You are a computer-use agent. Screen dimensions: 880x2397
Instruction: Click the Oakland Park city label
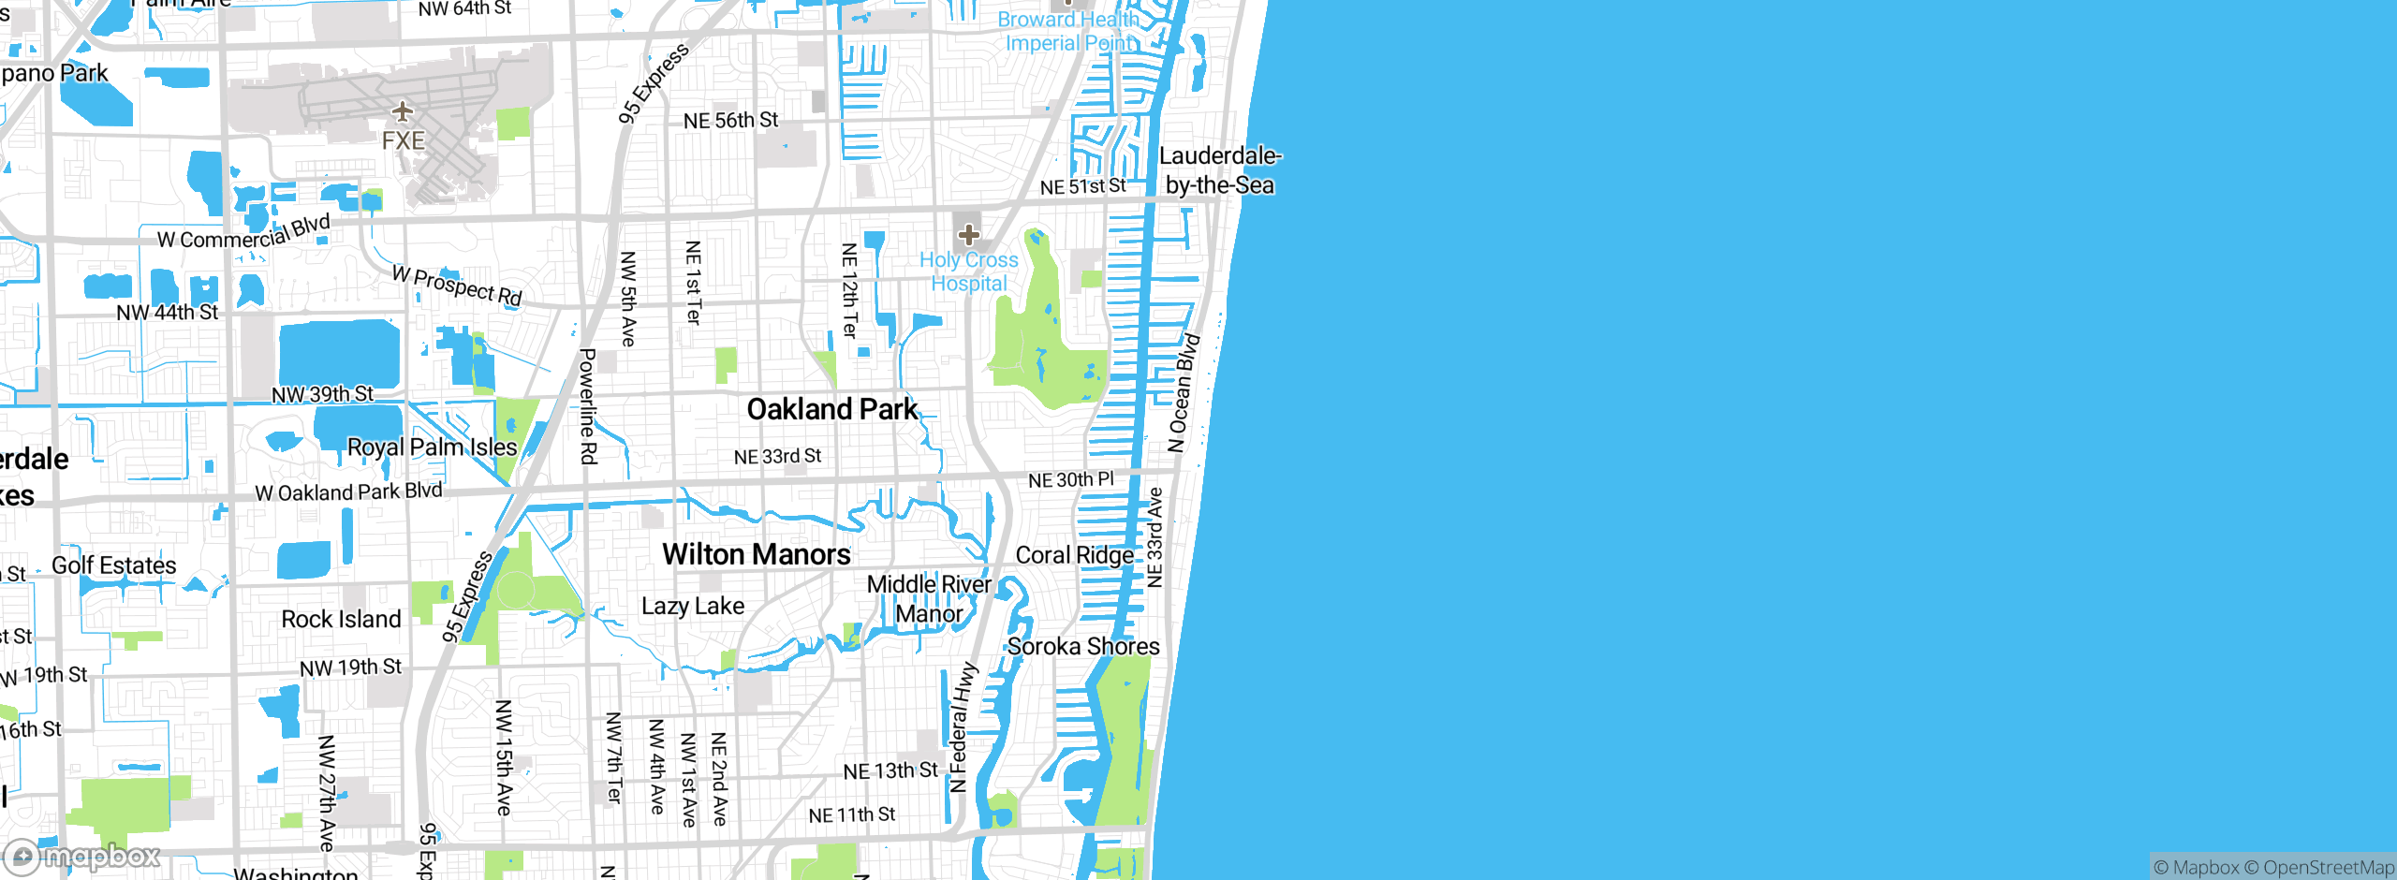pyautogui.click(x=831, y=409)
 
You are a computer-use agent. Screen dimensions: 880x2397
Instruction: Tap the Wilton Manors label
pyautogui.click(x=756, y=554)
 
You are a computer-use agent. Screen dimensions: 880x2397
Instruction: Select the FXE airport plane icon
pyautogui.click(x=403, y=112)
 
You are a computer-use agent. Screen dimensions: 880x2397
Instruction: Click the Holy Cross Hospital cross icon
pyautogui.click(x=968, y=234)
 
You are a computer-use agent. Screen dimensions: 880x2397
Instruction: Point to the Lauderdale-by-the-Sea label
pyautogui.click(x=1219, y=170)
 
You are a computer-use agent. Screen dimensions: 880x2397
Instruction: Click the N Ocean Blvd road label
pyautogui.click(x=1184, y=392)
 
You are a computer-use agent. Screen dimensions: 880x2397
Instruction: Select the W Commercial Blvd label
pyautogui.click(x=243, y=232)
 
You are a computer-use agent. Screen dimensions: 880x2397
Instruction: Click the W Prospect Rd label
pyautogui.click(x=457, y=286)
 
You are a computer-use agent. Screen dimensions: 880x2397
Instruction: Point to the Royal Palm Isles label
pyautogui.click(x=432, y=447)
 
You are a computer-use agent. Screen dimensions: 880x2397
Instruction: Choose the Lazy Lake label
pyautogui.click(x=693, y=606)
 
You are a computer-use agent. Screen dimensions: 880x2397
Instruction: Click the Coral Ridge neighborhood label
pyautogui.click(x=1074, y=555)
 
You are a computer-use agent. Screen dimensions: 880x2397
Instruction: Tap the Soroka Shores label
pyautogui.click(x=1083, y=646)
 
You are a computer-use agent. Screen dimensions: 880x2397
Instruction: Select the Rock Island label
pyautogui.click(x=341, y=619)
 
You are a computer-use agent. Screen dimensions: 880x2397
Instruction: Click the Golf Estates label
pyautogui.click(x=113, y=565)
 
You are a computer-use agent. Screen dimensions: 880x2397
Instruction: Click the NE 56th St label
pyautogui.click(x=730, y=121)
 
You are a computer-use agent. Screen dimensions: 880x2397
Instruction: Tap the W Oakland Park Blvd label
pyautogui.click(x=348, y=491)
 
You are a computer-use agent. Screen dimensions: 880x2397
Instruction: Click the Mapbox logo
pyautogui.click(x=82, y=856)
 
